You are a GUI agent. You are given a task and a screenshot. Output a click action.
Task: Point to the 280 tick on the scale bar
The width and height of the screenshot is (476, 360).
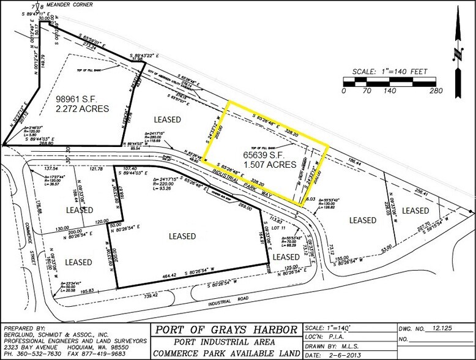point(436,91)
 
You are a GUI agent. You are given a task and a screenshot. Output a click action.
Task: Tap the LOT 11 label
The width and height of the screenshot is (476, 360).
point(280,228)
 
